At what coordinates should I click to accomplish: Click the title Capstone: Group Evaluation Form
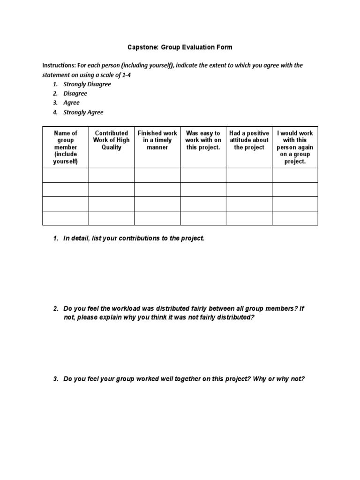coord(180,47)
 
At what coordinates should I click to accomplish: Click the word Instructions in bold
coord(59,66)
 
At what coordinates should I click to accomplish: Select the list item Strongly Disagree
coord(87,84)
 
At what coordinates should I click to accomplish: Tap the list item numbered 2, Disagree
coord(75,93)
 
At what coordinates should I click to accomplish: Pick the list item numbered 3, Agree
coord(71,103)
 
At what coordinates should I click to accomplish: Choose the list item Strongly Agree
coord(83,112)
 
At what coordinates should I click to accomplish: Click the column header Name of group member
coord(66,147)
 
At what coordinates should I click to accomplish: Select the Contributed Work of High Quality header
coord(112,140)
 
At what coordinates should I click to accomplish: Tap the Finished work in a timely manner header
coord(157,140)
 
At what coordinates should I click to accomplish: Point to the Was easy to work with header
coord(203,140)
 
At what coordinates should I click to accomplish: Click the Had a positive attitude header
coord(249,140)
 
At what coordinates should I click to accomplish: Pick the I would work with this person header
coord(295,147)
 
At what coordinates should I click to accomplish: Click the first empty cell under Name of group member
coord(66,175)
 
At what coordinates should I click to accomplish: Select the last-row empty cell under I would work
coord(295,218)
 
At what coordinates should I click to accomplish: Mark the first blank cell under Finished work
coord(157,175)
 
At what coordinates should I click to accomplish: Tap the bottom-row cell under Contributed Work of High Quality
coord(112,218)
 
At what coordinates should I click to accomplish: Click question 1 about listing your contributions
coord(134,239)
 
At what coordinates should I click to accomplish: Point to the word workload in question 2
coord(116,308)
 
